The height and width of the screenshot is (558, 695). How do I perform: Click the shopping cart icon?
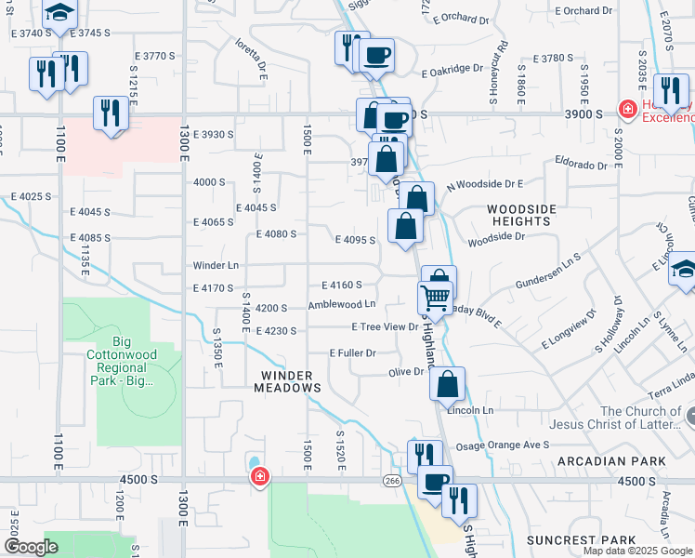coord(434,298)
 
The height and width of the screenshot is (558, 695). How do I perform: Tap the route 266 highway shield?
coord(392,481)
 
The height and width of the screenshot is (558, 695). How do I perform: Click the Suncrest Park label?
coord(582,539)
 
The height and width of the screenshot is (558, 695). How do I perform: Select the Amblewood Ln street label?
coord(342,304)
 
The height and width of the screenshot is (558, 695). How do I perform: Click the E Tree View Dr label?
coord(385,326)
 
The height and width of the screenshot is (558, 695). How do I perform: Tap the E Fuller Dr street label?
coord(352,353)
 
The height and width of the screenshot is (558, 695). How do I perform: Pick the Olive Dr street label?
coord(405,372)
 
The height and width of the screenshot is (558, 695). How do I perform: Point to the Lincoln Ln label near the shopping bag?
coord(470,410)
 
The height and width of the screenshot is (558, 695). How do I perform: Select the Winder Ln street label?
coord(216,265)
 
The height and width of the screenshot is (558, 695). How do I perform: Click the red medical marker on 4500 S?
coord(260,477)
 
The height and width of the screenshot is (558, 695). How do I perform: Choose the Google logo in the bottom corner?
coord(31,547)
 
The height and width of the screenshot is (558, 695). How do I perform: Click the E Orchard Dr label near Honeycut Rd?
coord(458,19)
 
